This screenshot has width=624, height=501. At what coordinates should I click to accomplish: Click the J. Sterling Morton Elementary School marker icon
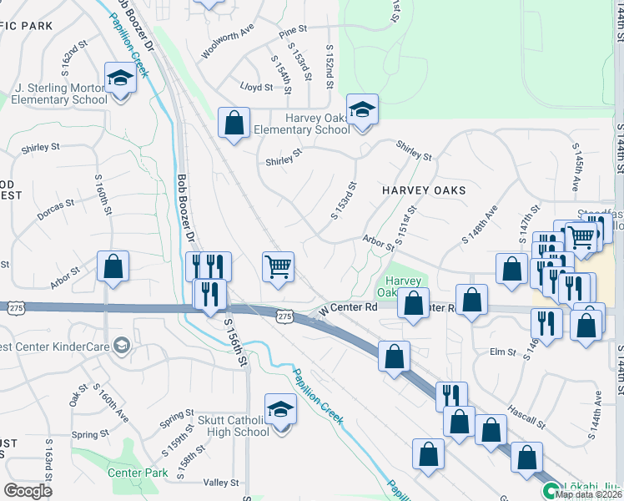(x=120, y=79)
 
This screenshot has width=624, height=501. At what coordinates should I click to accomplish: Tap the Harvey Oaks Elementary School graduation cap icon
(x=362, y=110)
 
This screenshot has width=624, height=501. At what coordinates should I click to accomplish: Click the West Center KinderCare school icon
(x=122, y=346)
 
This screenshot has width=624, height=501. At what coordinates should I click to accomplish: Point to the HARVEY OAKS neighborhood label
(x=424, y=190)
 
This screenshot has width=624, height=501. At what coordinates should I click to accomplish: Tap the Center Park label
(x=138, y=473)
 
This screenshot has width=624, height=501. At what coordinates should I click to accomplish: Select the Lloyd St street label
(x=256, y=87)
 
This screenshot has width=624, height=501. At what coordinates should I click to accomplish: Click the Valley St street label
(x=221, y=483)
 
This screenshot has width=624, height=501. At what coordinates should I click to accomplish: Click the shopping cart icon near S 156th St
(x=278, y=268)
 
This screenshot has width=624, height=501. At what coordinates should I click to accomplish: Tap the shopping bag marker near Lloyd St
(x=234, y=123)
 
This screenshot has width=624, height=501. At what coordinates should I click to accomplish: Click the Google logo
(x=28, y=491)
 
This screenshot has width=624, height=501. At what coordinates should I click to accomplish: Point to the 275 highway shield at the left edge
(x=5, y=307)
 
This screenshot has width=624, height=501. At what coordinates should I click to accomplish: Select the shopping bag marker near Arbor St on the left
(x=113, y=267)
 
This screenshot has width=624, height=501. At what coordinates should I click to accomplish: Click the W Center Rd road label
(x=349, y=308)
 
